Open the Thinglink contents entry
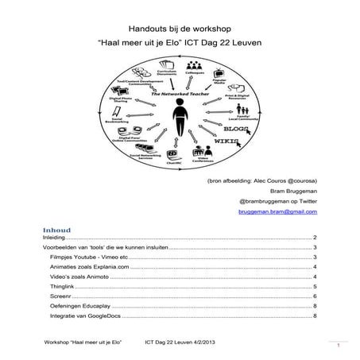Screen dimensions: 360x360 click(x=63, y=285)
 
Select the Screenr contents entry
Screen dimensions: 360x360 click(x=61, y=295)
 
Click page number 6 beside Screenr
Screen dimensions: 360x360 click(x=316, y=295)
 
